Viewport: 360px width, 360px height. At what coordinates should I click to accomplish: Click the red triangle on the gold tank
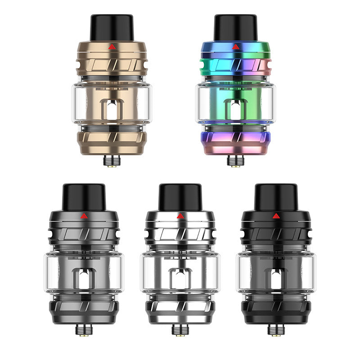pos(111,46)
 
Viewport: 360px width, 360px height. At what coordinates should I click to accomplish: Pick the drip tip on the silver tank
pos(180,196)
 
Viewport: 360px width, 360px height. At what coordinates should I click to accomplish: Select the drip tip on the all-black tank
pos(275,196)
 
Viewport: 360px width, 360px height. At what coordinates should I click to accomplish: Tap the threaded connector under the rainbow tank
pos(234,161)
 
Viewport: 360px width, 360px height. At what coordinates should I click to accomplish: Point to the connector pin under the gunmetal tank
pos(83,330)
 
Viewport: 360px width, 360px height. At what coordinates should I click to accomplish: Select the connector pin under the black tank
pos(275,330)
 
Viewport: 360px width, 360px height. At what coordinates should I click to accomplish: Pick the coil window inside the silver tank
pos(180,279)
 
